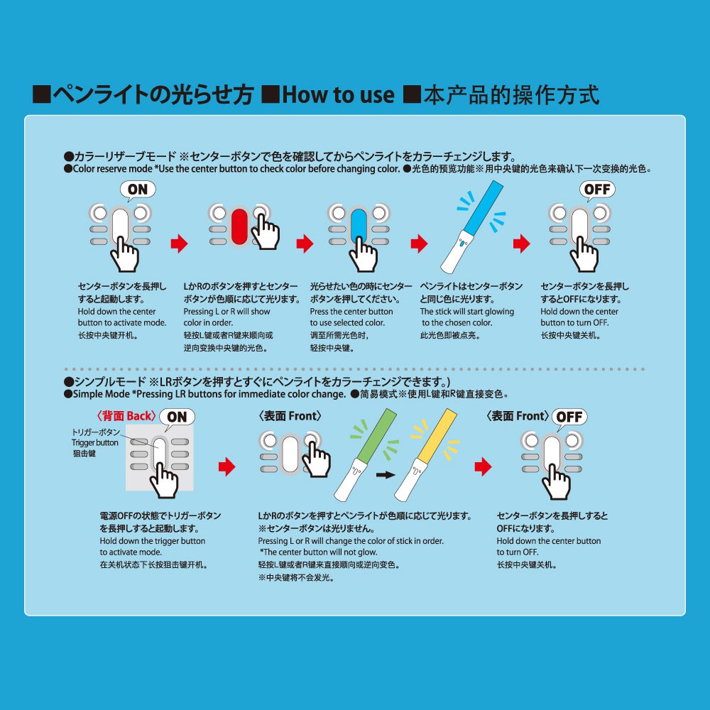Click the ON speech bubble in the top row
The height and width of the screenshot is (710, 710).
pos(138,190)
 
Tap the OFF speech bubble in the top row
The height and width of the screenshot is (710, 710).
pos(597,190)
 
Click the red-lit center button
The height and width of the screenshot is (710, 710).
pos(240,226)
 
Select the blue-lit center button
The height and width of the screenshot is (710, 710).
pos(359,226)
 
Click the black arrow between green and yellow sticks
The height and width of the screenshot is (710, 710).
pos(384,474)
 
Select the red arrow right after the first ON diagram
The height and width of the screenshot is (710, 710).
pos(179,245)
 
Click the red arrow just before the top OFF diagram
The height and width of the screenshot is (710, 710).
pos(523,245)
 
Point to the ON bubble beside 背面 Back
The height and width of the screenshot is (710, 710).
pos(177,417)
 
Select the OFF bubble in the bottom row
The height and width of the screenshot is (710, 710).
pos(569,417)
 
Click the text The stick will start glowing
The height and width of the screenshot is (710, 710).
pos(466,312)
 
